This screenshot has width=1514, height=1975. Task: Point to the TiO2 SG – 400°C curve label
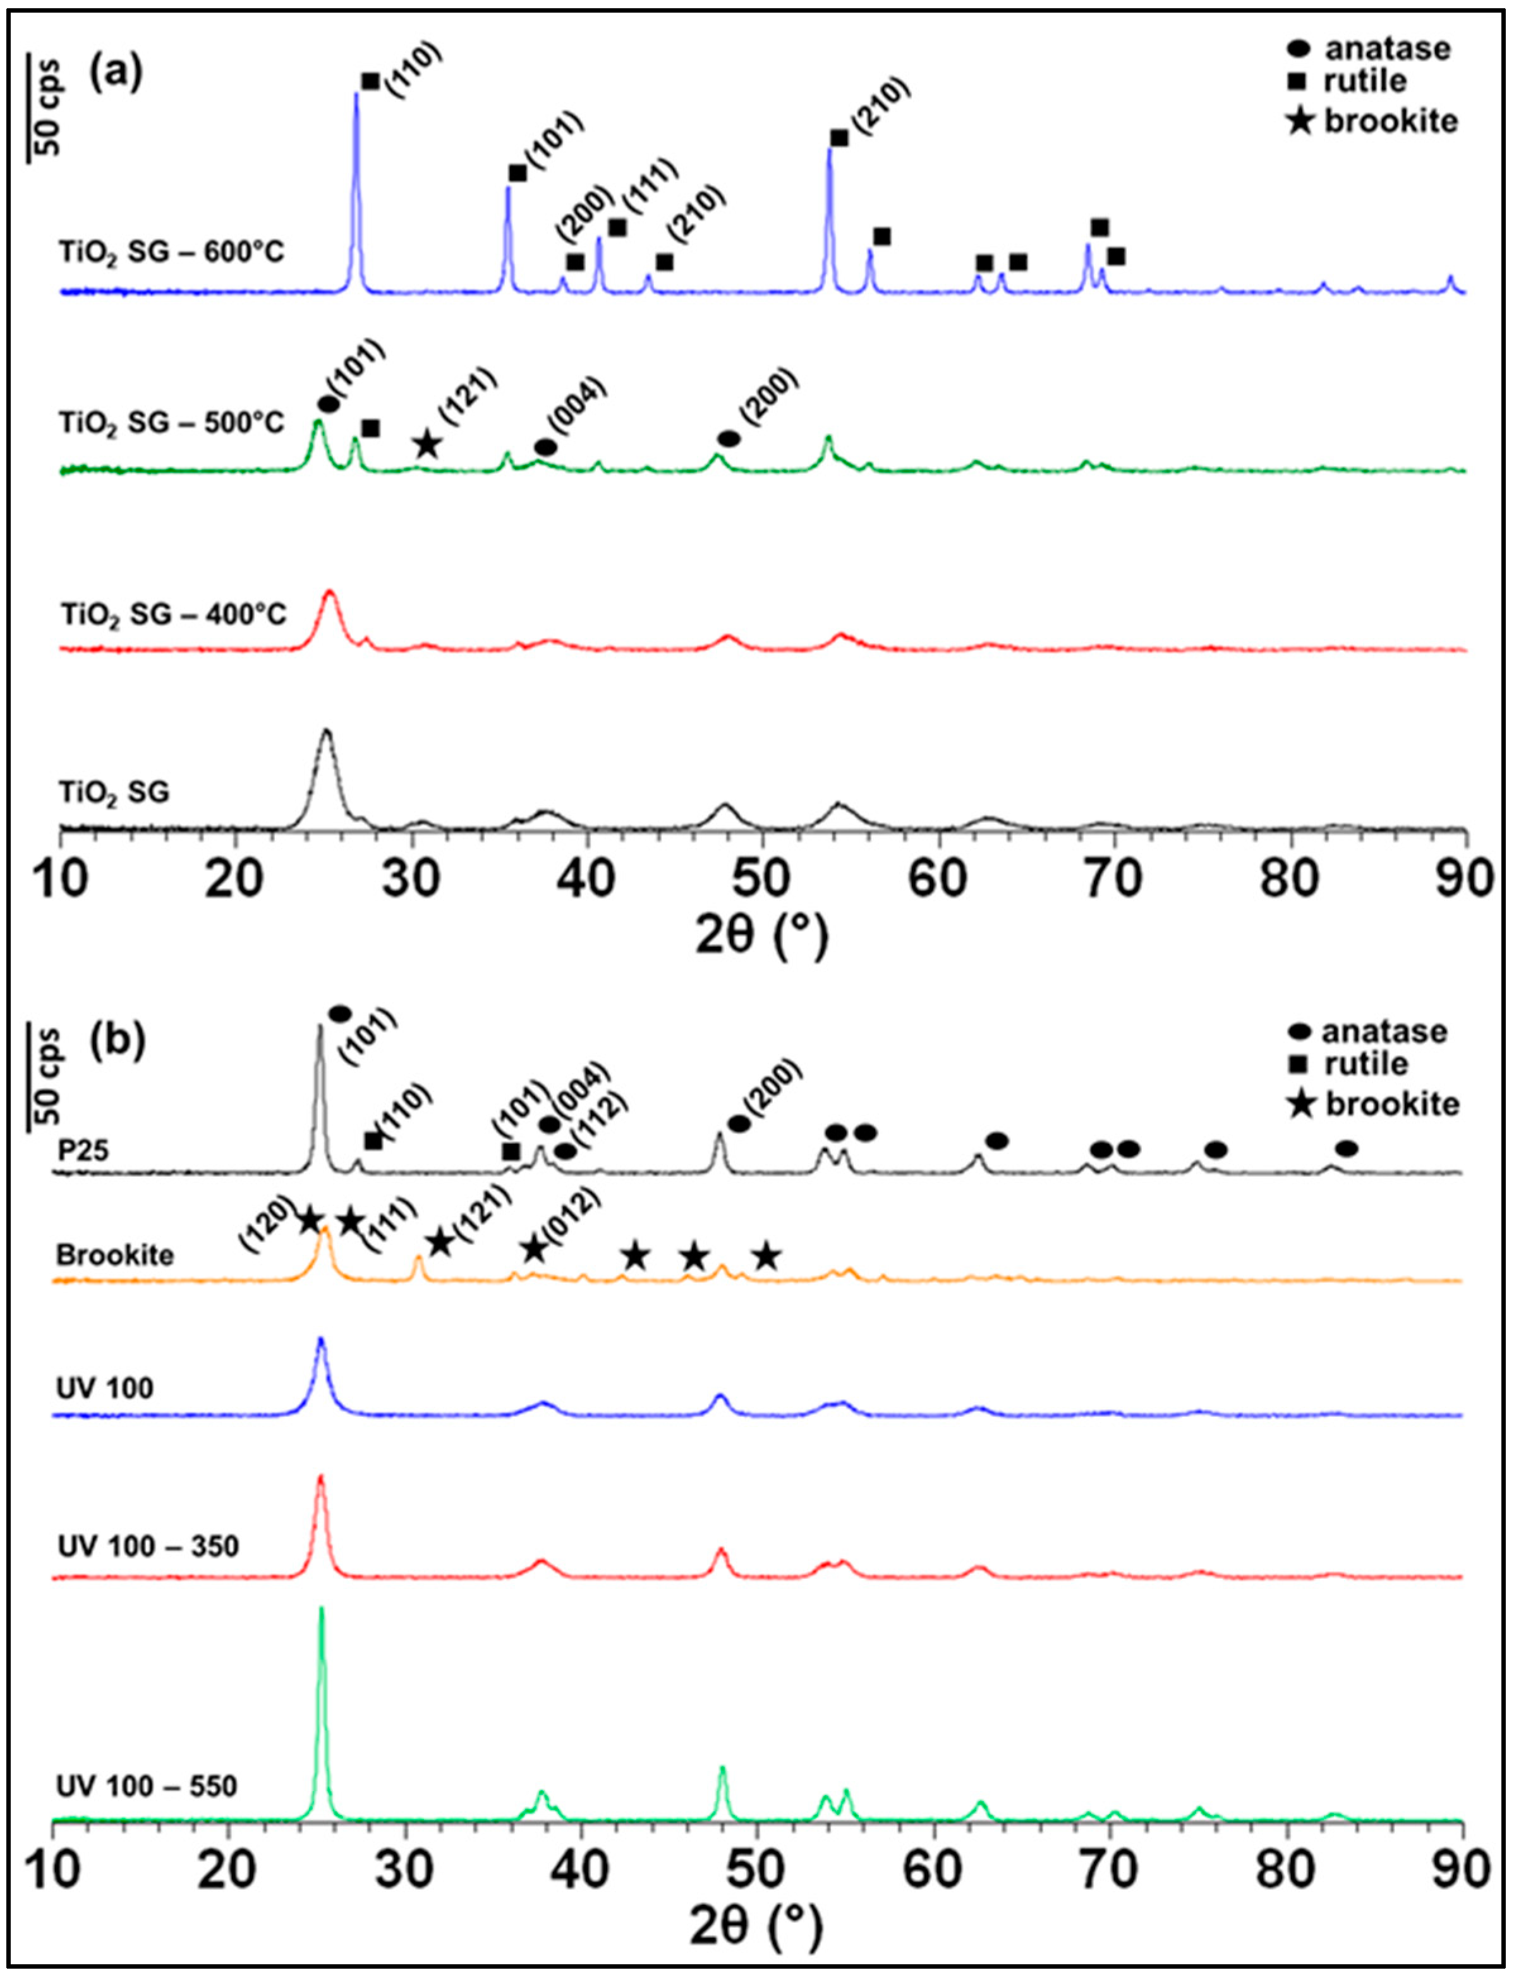click(x=173, y=615)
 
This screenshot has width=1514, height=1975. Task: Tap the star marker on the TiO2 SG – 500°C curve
click(x=427, y=444)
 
